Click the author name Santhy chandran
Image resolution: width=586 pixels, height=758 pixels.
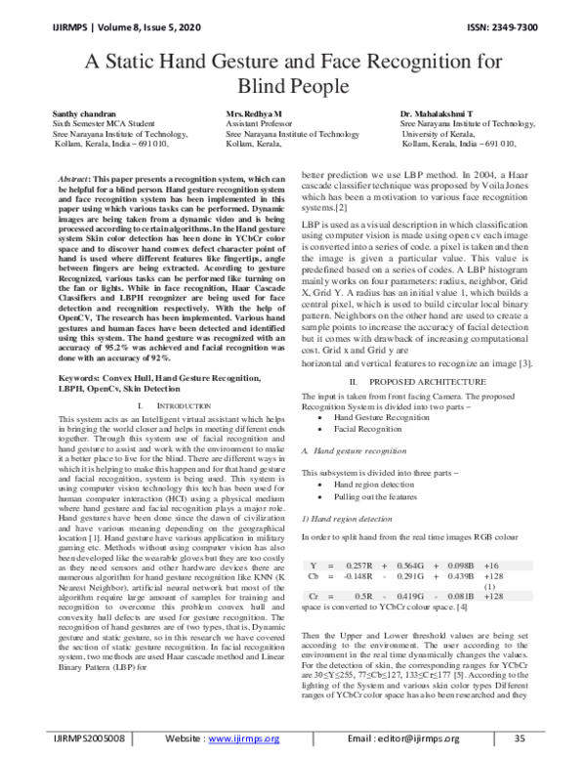[84, 114]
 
